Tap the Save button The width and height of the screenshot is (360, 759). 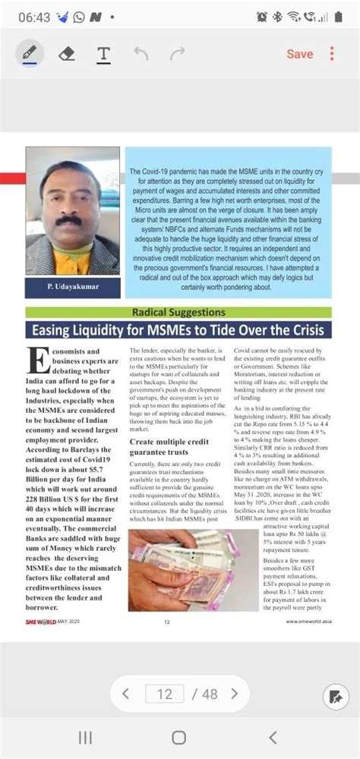299,54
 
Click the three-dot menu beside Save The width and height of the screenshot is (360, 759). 332,54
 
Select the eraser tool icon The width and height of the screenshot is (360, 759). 67,53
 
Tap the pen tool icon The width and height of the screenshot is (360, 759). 30,53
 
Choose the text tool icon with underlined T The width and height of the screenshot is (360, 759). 103,54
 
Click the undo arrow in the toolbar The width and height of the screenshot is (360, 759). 141,54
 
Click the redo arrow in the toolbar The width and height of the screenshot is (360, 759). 178,54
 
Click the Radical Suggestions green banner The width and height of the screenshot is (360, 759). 178,312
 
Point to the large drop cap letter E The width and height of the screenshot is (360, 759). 35,360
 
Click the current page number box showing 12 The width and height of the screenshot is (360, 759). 165,694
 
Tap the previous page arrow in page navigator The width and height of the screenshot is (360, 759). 126,694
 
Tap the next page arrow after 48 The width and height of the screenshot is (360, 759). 235,694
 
